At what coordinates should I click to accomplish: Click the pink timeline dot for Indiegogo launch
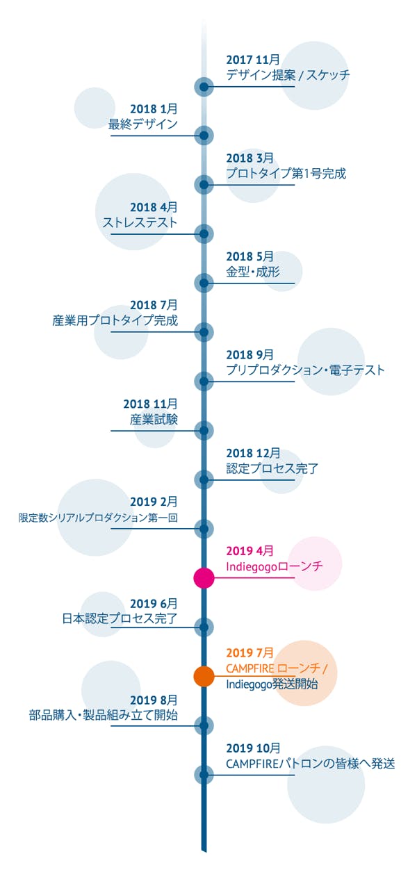pos(204,577)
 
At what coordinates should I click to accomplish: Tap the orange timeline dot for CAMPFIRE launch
pos(204,676)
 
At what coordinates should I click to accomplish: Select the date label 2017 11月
pos(253,60)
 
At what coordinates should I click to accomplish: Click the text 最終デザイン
pos(143,124)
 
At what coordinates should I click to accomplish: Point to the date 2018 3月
pos(250,158)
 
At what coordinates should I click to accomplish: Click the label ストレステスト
pos(140,222)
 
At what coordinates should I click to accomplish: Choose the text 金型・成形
pos(253,272)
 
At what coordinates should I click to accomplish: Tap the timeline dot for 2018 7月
pos(204,332)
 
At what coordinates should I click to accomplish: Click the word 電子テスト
pos(357,370)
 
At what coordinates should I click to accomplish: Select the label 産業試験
pos(154,419)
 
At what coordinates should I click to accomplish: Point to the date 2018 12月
pos(253,453)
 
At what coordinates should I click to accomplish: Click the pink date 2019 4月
pos(250,551)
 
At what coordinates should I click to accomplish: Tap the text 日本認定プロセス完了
pos(120,618)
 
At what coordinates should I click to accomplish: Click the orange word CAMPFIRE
pos(250,668)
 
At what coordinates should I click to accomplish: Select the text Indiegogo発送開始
pos(272,684)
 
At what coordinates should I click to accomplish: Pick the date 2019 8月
pos(154,700)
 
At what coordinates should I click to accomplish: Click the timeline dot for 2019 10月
pos(204,775)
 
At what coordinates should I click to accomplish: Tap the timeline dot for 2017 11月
pos(204,86)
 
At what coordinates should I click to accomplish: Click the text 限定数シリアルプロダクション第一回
pos(98,518)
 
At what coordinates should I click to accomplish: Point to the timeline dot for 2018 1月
pos(204,135)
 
